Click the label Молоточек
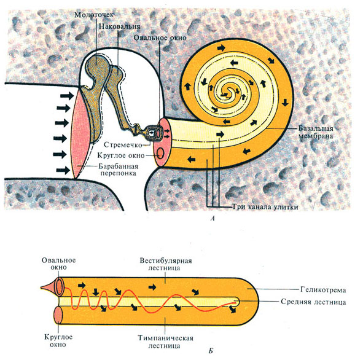tap(94, 15)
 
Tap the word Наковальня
tap(119, 26)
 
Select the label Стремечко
tap(123, 145)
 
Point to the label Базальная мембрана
tap(316, 132)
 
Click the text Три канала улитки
tap(265, 207)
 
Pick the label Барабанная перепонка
tap(119, 170)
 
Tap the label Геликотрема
tap(323, 290)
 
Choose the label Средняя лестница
tap(313, 302)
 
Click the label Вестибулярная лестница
tap(166, 264)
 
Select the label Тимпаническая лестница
tap(165, 342)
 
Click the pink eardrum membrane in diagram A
tap(80, 135)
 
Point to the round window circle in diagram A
tap(160, 153)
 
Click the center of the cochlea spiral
tap(229, 93)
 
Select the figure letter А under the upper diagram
tap(213, 218)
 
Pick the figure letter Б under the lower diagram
tap(211, 351)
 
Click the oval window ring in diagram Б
tap(58, 287)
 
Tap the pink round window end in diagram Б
tap(58, 315)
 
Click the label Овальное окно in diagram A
tap(160, 37)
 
